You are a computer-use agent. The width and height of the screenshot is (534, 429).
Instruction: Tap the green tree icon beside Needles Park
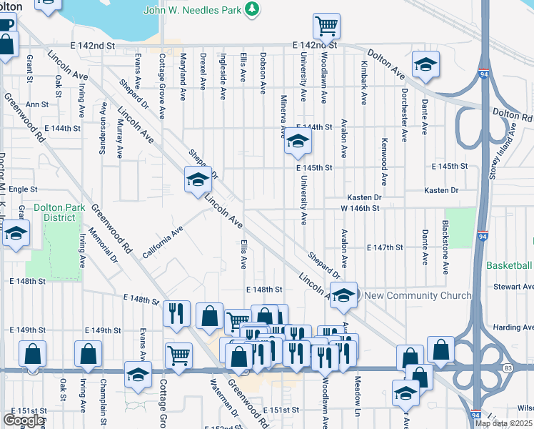pyautogui.click(x=251, y=9)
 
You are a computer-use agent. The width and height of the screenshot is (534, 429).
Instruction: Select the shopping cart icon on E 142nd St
pyautogui.click(x=326, y=26)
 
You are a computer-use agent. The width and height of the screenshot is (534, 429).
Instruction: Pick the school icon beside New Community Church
pyautogui.click(x=343, y=296)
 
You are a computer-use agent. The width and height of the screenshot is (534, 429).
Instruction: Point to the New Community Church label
pyautogui.click(x=418, y=295)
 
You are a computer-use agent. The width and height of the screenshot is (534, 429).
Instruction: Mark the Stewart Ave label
pyautogui.click(x=518, y=286)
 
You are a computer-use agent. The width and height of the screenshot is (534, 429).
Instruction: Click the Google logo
pyautogui.click(x=24, y=420)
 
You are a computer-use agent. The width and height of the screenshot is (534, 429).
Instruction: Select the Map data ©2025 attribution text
pyautogui.click(x=504, y=423)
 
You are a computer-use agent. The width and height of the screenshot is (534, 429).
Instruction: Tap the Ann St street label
pyautogui.click(x=36, y=104)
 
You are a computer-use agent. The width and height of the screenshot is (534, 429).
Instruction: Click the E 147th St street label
pyautogui.click(x=385, y=247)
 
